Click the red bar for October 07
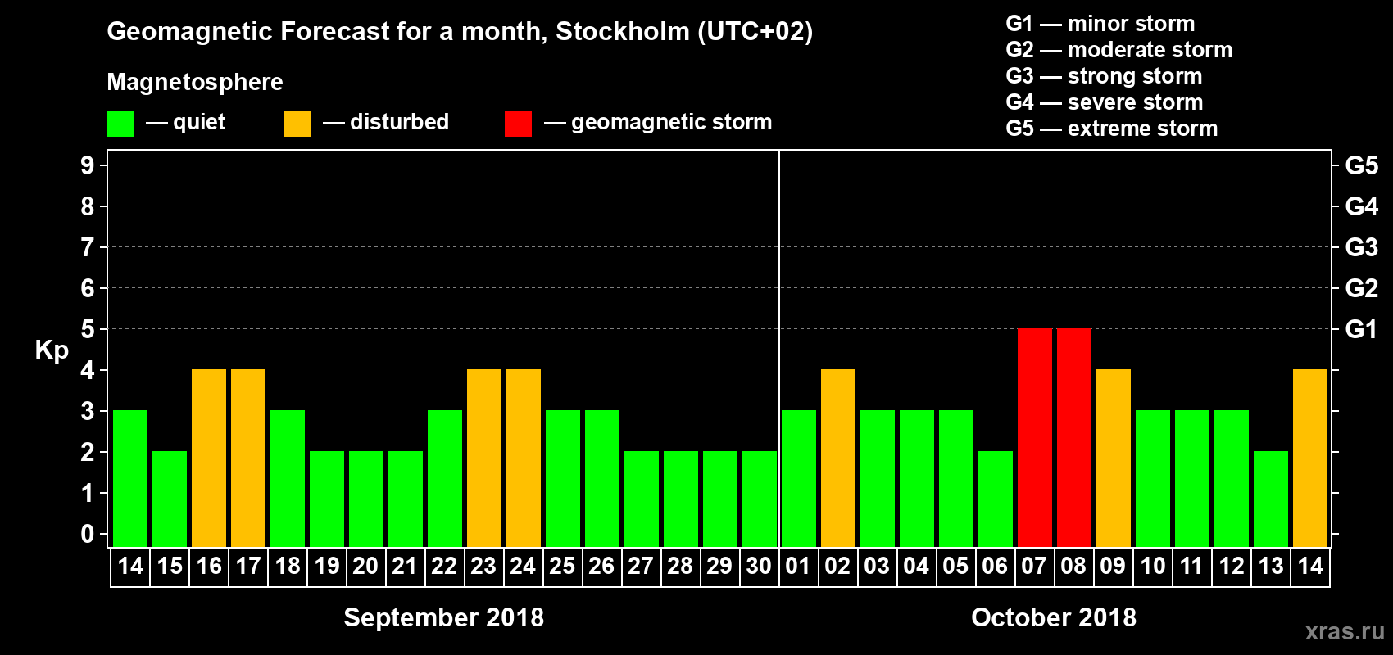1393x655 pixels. tap(1034, 438)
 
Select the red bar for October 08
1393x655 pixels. tap(1073, 438)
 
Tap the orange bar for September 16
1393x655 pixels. tap(209, 458)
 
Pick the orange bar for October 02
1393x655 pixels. tap(837, 458)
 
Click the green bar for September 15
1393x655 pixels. tap(170, 499)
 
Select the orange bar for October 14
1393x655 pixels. tap(1309, 458)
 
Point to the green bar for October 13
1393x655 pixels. tap(1270, 499)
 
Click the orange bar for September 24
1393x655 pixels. tap(524, 458)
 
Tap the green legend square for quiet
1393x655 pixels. tap(120, 124)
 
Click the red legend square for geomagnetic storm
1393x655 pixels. tap(518, 124)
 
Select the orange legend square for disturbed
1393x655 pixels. tap(297, 124)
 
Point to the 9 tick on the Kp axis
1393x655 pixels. tap(88, 165)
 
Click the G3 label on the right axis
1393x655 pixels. tap(1361, 247)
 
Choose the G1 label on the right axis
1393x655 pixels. tap(1361, 329)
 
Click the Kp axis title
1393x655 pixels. tap(52, 350)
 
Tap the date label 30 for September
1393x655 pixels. tap(759, 567)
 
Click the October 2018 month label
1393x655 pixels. tap(1054, 617)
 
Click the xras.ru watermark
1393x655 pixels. tap(1344, 631)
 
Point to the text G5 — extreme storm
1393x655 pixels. tap(1111, 129)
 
